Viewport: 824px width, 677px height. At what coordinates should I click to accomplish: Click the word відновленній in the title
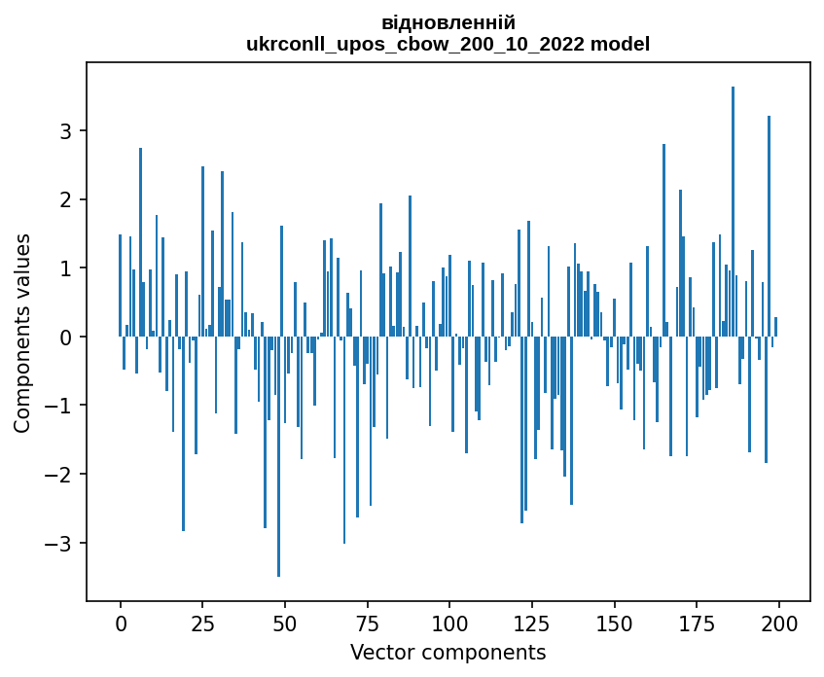pos(448,22)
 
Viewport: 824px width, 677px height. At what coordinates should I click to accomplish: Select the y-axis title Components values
pos(22,333)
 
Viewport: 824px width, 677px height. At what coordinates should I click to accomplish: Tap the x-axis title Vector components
pos(448,652)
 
